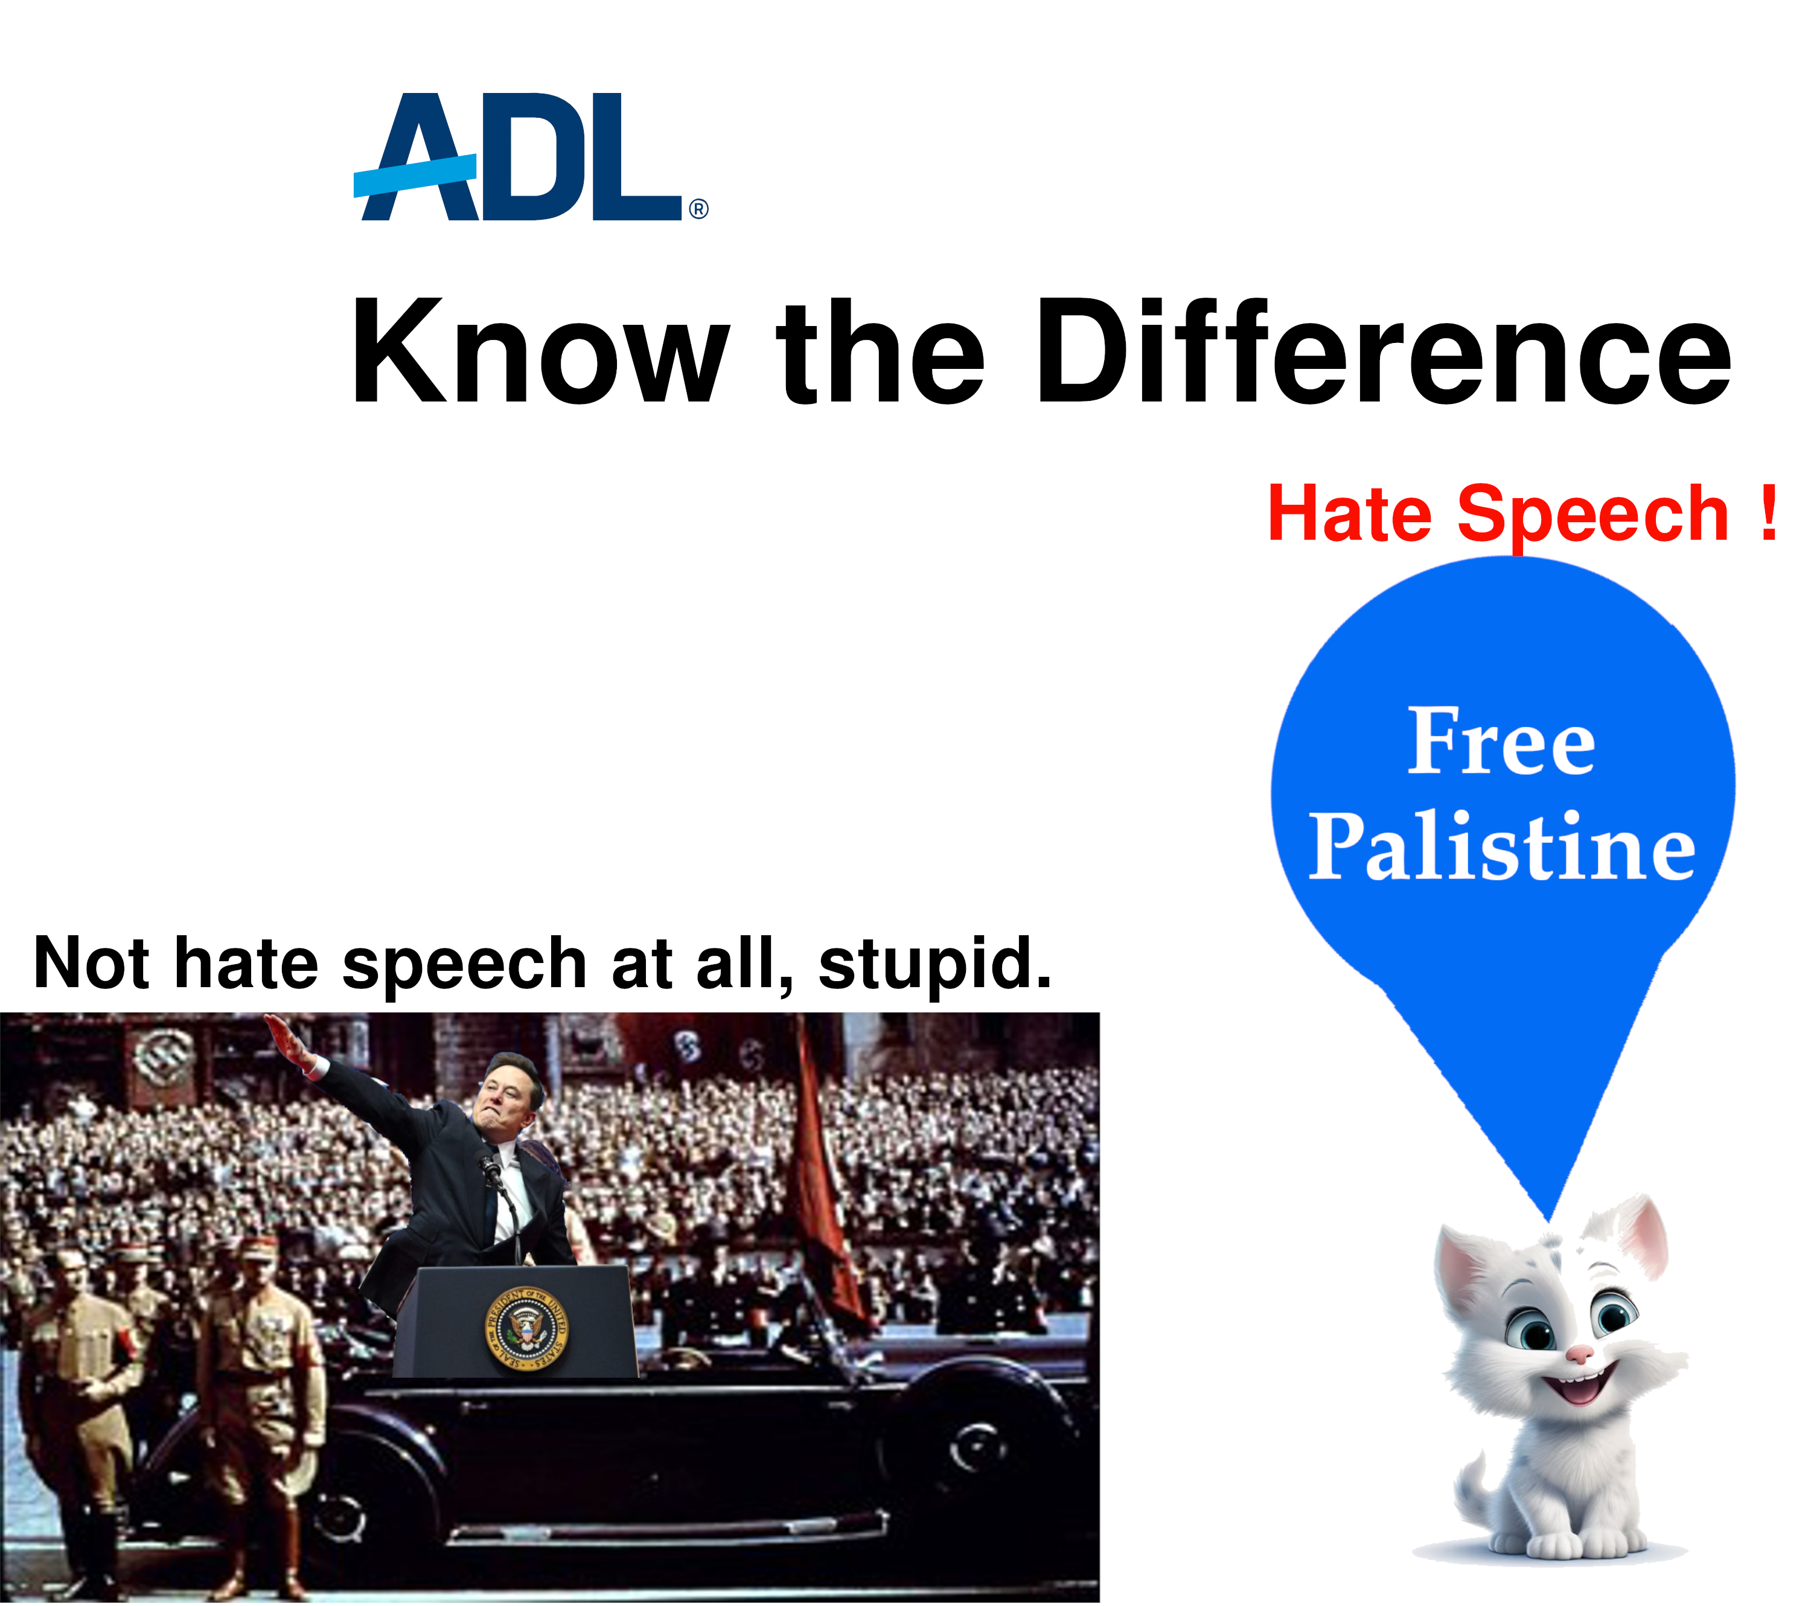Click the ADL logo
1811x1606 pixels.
click(530, 157)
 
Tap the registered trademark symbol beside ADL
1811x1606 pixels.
click(698, 209)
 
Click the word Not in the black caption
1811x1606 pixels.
click(91, 962)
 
